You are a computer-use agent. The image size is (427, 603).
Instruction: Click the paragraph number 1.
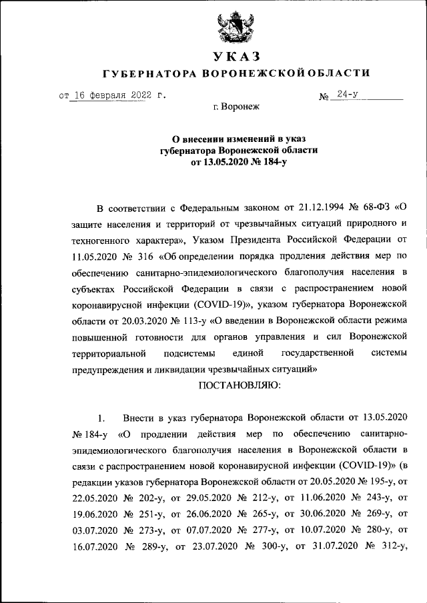(x=101, y=418)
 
